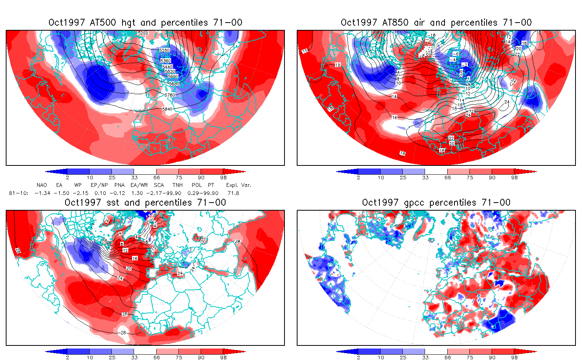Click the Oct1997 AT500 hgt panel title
pyautogui.click(x=145, y=23)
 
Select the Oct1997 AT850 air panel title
pyautogui.click(x=436, y=23)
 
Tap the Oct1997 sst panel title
pyautogui.click(x=145, y=203)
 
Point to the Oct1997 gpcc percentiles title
pyautogui.click(x=436, y=203)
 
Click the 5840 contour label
pyautogui.click(x=167, y=109)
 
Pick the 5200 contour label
pyautogui.click(x=143, y=33)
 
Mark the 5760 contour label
pyautogui.click(x=170, y=95)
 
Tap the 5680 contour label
pyautogui.click(x=174, y=84)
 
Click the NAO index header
pyautogui.click(x=42, y=185)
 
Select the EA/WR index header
pyautogui.click(x=139, y=185)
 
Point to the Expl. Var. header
pyautogui.click(x=239, y=185)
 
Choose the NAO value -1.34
pyautogui.click(x=42, y=193)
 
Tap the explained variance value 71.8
pyautogui.click(x=233, y=193)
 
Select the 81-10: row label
pyautogui.click(x=18, y=193)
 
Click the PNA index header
pyautogui.click(x=119, y=185)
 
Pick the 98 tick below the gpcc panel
pyautogui.click(x=514, y=358)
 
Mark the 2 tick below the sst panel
pyautogui.click(x=67, y=358)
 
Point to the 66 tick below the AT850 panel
pyautogui.click(x=448, y=178)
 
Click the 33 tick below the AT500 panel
pyautogui.click(x=134, y=178)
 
